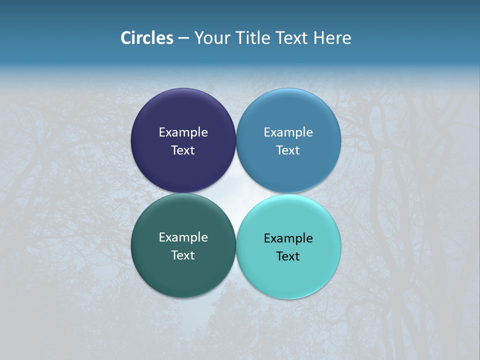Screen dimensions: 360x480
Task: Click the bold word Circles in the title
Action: [147, 38]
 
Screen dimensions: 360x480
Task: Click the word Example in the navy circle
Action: [183, 132]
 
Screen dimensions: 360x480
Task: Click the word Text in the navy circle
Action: [183, 150]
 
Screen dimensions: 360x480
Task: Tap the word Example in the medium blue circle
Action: [288, 132]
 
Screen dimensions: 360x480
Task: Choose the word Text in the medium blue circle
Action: [288, 150]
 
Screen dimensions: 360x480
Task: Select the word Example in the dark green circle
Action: [183, 237]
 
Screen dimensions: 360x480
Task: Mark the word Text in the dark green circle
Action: [183, 255]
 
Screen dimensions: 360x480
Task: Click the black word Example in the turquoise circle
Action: [288, 238]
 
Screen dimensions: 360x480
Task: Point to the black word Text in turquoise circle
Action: [288, 256]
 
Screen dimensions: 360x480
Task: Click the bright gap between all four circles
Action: [236, 193]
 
